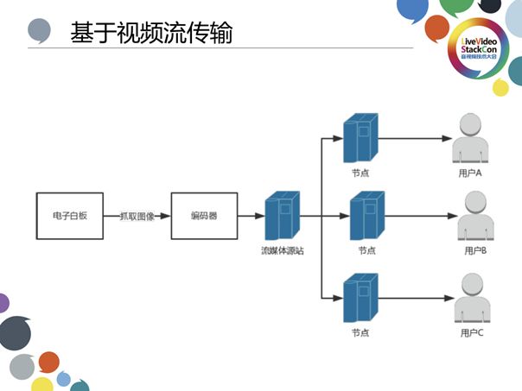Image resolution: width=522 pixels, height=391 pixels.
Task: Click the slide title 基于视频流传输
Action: coord(150,33)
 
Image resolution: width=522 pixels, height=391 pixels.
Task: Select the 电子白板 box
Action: coord(69,216)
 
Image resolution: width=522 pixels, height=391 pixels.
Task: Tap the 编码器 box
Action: coord(203,216)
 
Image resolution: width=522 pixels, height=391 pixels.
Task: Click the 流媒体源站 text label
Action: coord(283,250)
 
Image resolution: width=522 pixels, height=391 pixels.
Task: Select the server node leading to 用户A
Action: coord(360,138)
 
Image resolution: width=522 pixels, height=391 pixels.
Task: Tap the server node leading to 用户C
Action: coord(360,298)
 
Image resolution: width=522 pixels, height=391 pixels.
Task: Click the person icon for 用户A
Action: coord(470,140)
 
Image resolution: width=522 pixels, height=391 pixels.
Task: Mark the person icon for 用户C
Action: coord(470,298)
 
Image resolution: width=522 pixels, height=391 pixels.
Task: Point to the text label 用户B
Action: coord(475,250)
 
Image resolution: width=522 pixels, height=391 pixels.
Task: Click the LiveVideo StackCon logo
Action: coord(478,49)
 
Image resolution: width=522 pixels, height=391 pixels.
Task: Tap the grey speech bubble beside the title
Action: coord(40,31)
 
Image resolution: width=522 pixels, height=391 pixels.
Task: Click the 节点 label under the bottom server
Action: coord(361,332)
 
